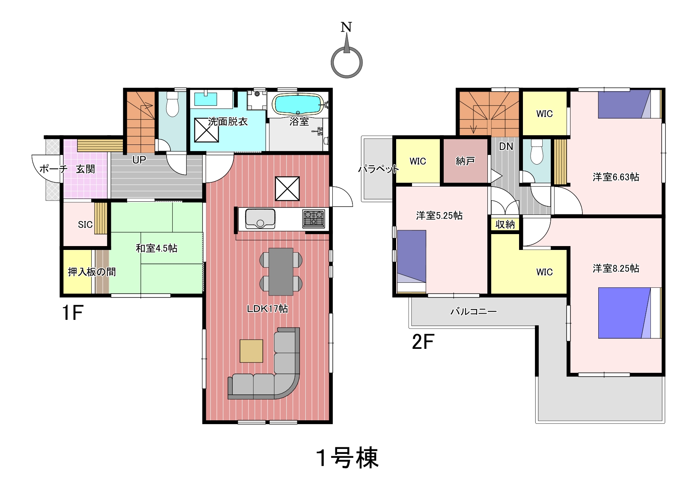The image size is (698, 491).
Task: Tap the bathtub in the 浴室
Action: click(x=297, y=104)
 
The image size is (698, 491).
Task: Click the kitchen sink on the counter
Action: click(x=260, y=219)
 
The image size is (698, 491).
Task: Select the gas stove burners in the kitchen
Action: click(x=313, y=219)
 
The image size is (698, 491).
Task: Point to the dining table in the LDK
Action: click(x=281, y=272)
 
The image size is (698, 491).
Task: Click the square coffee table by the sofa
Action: click(x=251, y=351)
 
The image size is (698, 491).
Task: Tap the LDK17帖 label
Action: click(x=267, y=309)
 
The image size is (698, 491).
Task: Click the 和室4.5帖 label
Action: click(x=157, y=248)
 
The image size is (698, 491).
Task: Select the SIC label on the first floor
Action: click(x=85, y=224)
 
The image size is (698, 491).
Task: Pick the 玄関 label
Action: click(x=85, y=169)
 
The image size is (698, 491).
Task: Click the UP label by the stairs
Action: click(x=139, y=160)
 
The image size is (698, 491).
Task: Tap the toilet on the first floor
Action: click(x=172, y=104)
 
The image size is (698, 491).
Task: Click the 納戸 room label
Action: click(x=465, y=161)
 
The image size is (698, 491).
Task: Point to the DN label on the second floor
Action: click(x=506, y=146)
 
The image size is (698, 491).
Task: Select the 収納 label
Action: click(x=505, y=224)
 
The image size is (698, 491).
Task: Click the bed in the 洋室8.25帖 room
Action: click(x=630, y=313)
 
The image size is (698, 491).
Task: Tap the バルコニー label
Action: click(x=473, y=311)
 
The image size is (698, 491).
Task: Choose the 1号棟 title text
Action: click(x=347, y=458)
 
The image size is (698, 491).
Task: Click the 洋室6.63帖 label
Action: click(x=616, y=177)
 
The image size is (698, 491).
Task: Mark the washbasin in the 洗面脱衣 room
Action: click(x=206, y=99)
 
